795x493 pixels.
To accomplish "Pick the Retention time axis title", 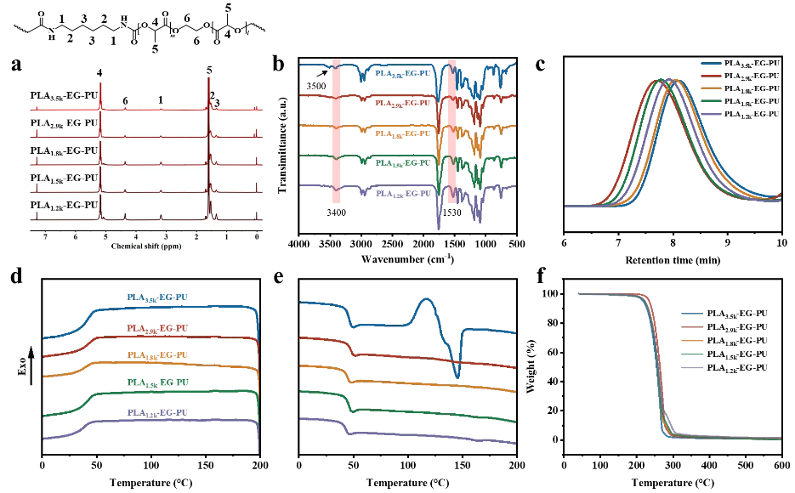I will click(673, 257).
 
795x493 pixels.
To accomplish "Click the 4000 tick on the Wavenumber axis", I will click(298, 245).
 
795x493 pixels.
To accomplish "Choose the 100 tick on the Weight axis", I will click(553, 293).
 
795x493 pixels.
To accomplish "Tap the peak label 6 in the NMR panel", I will click(125, 100).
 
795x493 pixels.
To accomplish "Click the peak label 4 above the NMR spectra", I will click(99, 73).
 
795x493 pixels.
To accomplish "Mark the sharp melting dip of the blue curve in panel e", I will click(457, 377).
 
